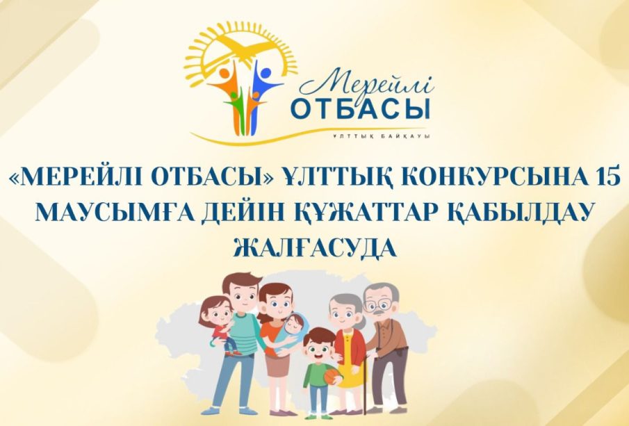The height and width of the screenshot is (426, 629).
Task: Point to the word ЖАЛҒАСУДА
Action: [314, 248]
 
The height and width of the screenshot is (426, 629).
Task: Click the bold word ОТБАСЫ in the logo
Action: [360, 109]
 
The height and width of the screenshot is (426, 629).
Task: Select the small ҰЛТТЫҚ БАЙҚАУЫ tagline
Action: [380, 136]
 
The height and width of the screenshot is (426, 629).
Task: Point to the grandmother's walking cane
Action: [365, 382]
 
